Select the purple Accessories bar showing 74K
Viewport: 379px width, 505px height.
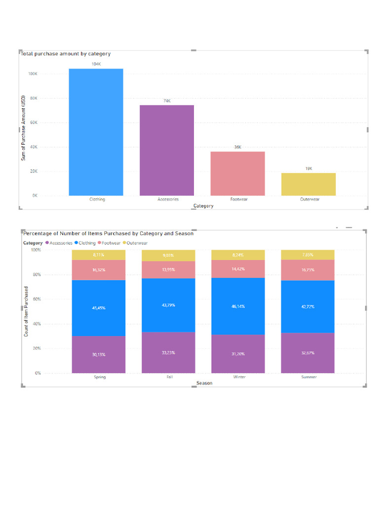point(167,150)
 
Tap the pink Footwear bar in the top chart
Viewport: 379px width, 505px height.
point(237,174)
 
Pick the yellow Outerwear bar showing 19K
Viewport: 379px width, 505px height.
point(308,184)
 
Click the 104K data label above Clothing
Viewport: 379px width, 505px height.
point(96,64)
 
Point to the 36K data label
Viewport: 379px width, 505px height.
point(237,147)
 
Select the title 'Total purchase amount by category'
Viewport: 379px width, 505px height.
point(65,54)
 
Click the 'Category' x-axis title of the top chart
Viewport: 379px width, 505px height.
point(203,206)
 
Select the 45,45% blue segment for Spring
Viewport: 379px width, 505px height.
point(99,308)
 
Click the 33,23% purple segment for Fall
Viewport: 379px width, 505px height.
point(168,352)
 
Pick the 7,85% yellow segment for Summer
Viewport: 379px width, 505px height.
point(307,254)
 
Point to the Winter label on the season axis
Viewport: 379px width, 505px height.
point(239,377)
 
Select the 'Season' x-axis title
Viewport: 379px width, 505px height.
point(204,383)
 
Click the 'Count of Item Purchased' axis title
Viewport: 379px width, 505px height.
point(26,311)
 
